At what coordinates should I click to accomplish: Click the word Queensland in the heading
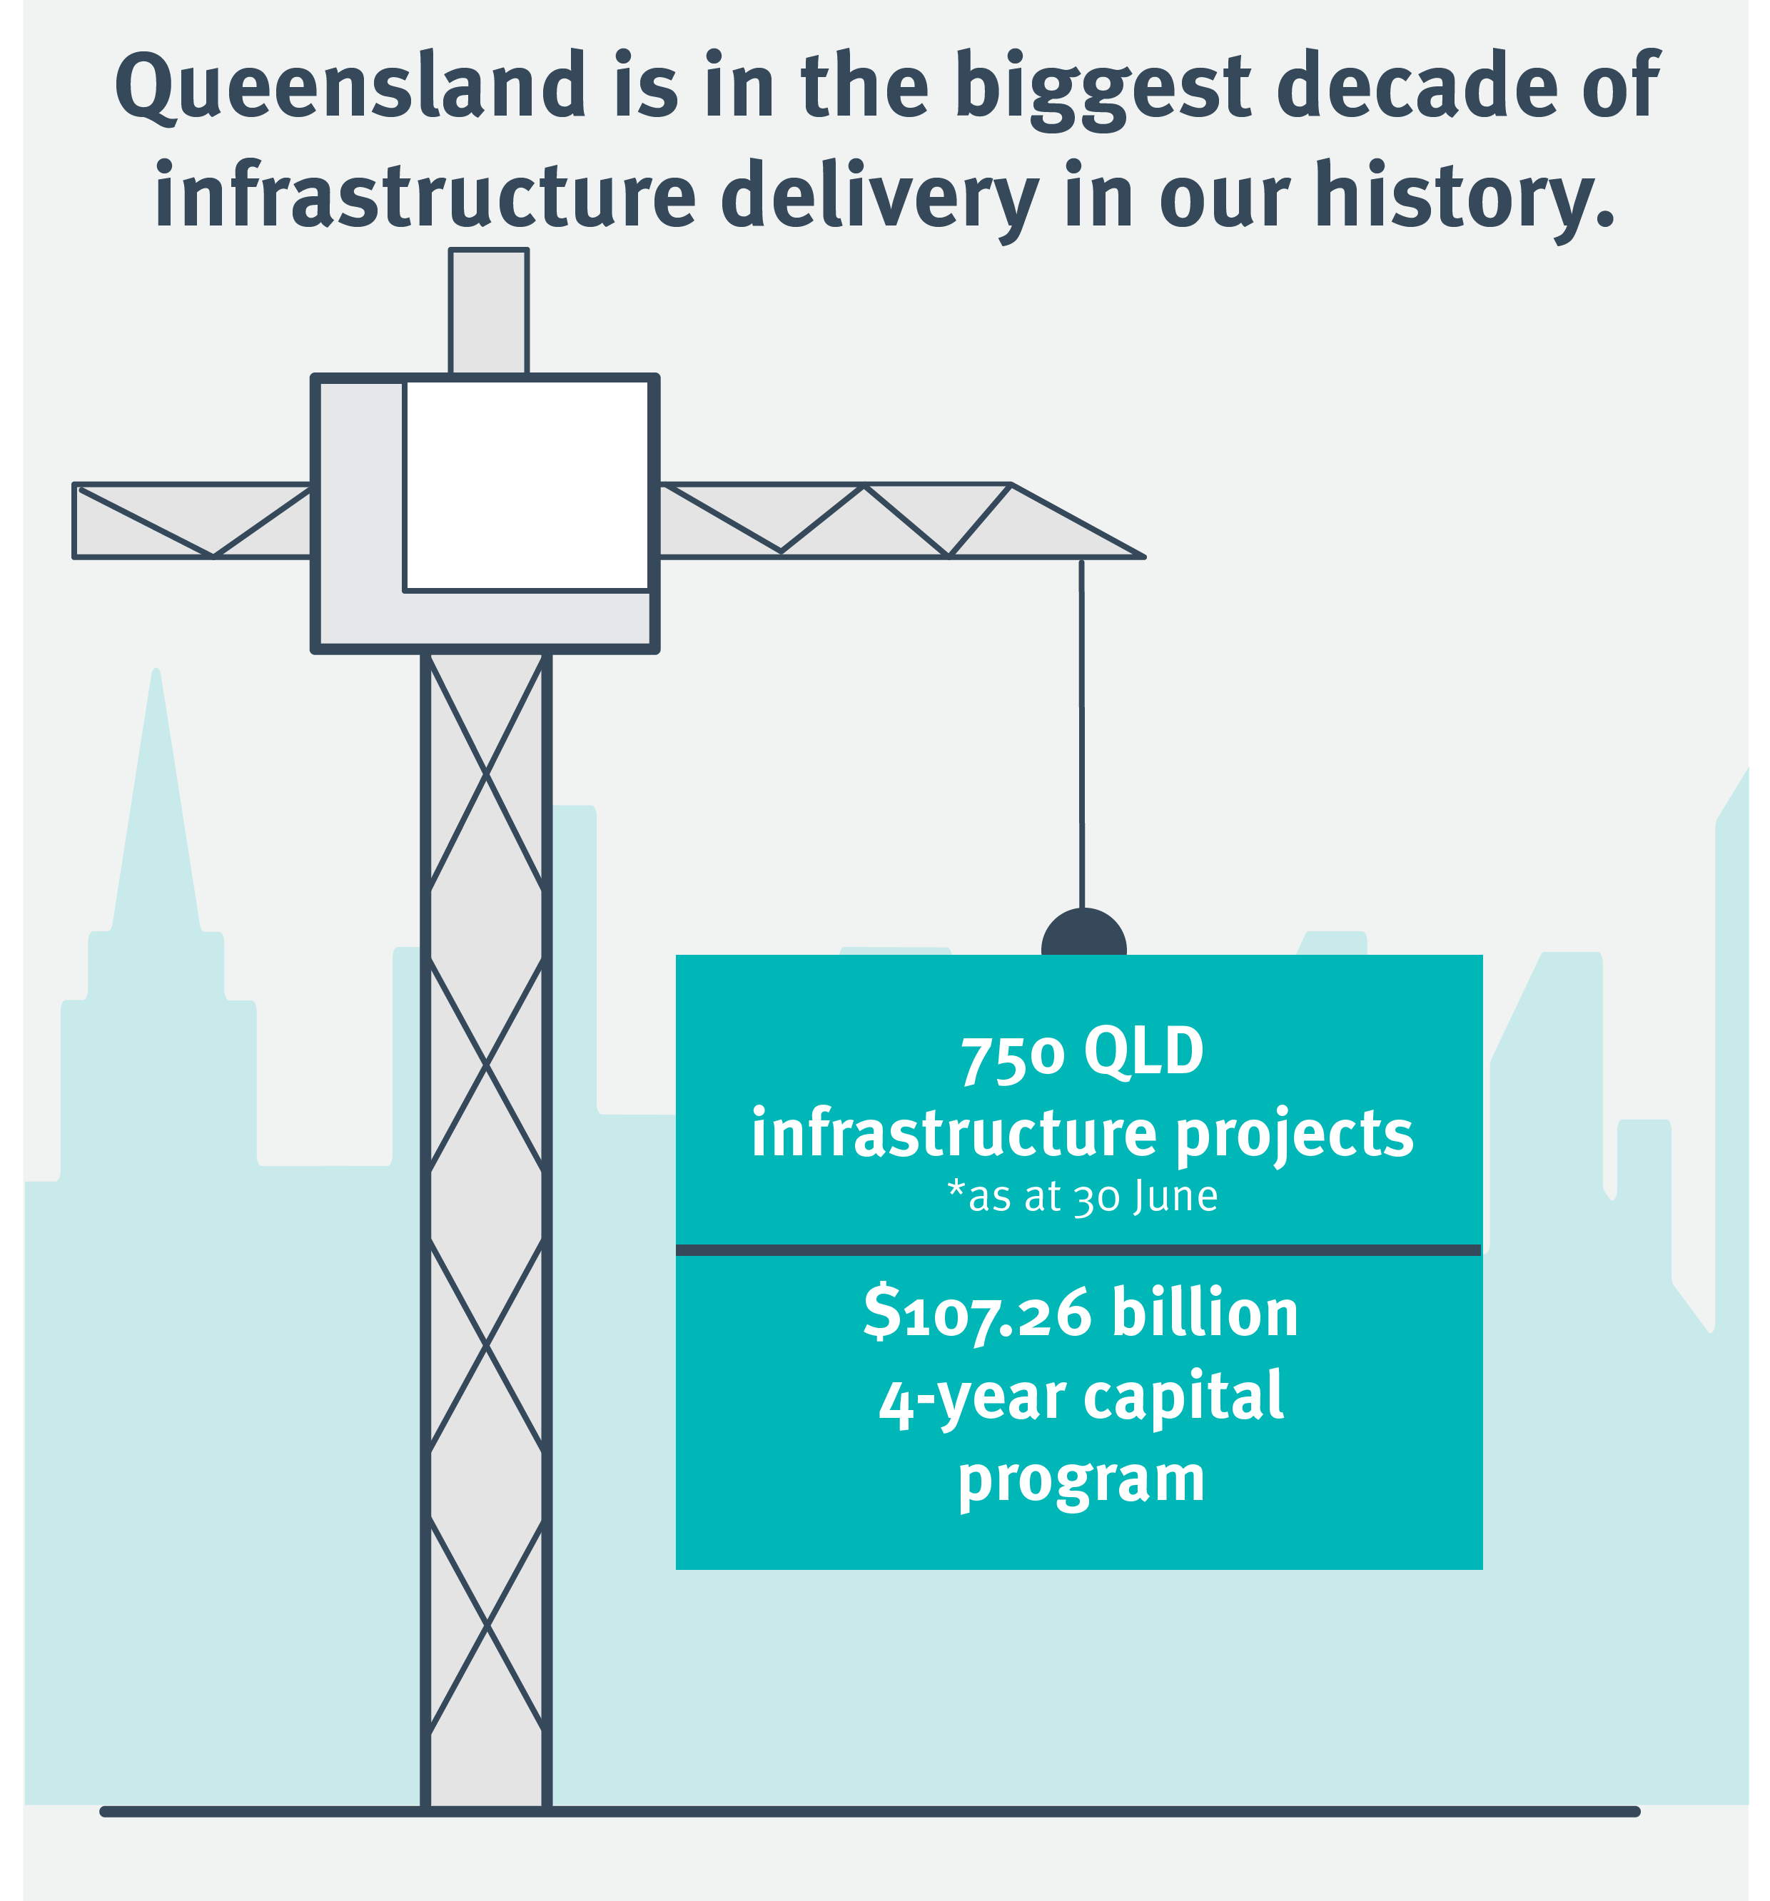pyautogui.click(x=351, y=86)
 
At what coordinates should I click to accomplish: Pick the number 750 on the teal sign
pyautogui.click(x=1013, y=1058)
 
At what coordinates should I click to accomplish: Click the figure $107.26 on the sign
pyautogui.click(x=976, y=1313)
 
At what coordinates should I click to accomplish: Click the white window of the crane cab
pyautogui.click(x=526, y=486)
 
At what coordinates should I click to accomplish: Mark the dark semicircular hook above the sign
pyautogui.click(x=1083, y=931)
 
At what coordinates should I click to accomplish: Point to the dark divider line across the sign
pyautogui.click(x=1078, y=1249)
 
